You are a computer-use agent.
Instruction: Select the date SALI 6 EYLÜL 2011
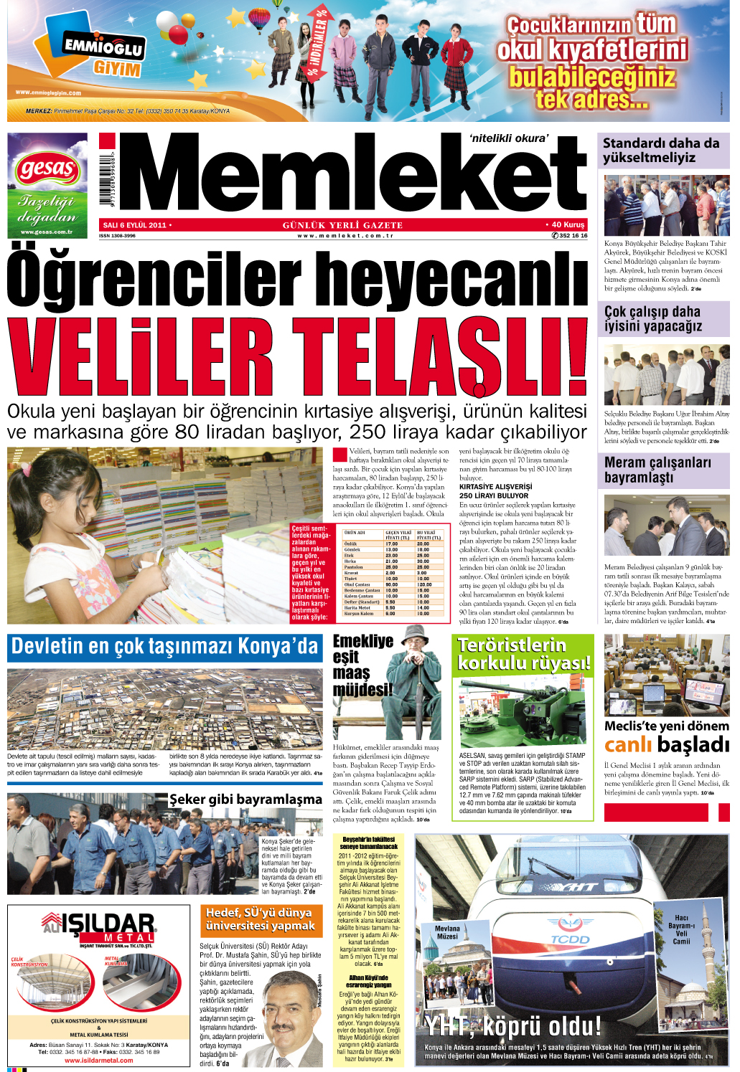click(136, 225)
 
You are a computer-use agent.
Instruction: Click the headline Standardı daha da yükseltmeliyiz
click(661, 150)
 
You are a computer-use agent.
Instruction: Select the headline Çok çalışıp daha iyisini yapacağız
click(653, 318)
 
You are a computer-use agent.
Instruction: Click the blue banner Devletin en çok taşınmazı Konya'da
click(164, 646)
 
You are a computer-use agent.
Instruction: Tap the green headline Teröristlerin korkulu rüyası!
click(524, 654)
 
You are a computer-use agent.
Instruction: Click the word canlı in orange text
click(628, 745)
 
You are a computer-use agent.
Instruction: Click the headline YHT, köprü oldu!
click(512, 1026)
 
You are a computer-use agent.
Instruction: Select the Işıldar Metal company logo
click(98, 926)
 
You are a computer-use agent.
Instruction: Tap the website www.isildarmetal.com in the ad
click(99, 1060)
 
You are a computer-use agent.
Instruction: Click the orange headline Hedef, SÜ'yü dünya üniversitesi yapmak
click(258, 919)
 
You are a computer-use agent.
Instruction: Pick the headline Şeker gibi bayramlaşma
click(245, 799)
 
